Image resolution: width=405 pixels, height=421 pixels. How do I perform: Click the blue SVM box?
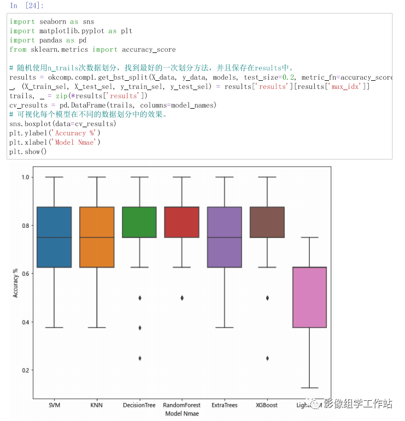54,237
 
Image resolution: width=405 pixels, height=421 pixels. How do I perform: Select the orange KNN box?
97,237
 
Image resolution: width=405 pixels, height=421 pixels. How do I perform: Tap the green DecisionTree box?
139,222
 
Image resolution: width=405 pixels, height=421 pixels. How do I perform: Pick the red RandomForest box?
181,222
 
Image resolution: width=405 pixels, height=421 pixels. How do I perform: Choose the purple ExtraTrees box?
224,237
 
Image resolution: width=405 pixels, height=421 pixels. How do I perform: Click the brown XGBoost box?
267,222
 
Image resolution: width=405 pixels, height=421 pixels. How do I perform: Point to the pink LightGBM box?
309,297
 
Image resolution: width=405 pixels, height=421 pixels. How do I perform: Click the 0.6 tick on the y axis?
25,274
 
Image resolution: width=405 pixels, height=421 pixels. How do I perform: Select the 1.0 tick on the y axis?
25,177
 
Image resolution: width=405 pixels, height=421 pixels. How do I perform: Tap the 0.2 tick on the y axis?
25,370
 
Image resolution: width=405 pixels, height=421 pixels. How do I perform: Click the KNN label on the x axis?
97,405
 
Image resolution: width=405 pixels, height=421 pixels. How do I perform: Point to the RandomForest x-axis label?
181,405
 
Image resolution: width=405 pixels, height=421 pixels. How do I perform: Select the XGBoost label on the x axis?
267,405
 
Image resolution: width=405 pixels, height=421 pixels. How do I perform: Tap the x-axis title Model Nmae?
181,414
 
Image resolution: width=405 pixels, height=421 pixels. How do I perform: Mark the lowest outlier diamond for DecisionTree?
139,358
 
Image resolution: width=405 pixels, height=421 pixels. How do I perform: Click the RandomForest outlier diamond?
181,298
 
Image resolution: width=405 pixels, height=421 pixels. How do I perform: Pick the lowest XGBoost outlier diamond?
267,358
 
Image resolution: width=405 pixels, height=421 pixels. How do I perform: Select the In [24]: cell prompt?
27,5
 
